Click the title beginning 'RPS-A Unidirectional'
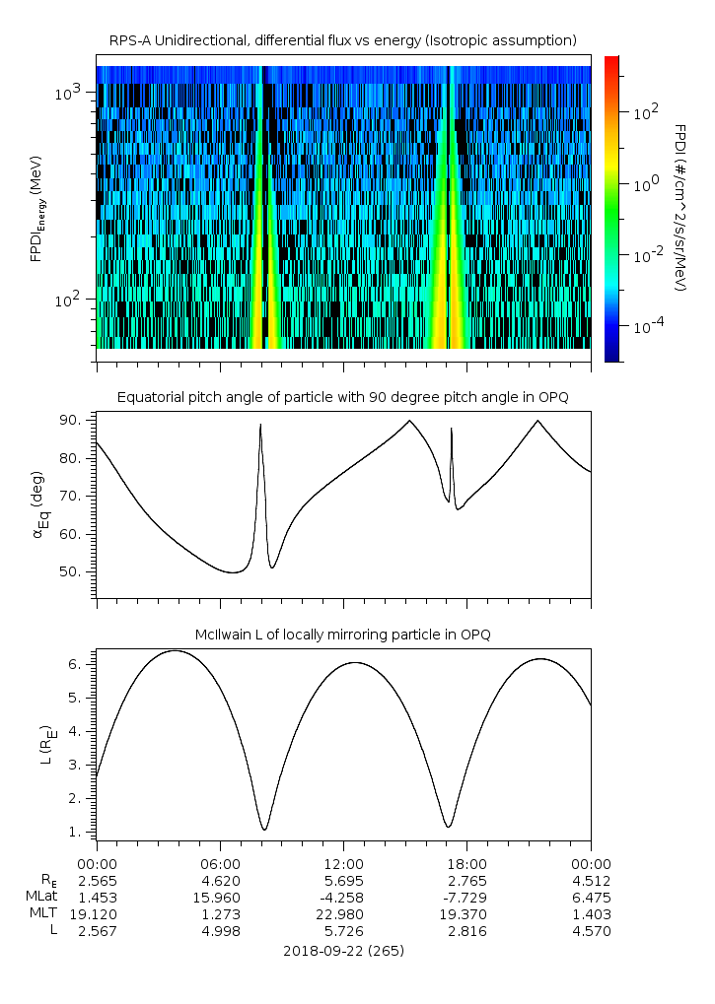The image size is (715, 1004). tap(342, 40)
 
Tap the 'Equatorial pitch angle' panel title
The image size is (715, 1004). tap(342, 397)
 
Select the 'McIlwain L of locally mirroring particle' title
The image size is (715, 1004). tap(342, 635)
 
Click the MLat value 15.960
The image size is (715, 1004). tap(219, 897)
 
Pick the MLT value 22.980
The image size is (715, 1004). tap(342, 914)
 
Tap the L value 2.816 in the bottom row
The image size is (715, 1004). tap(466, 931)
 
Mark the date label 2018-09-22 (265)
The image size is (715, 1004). tap(342, 952)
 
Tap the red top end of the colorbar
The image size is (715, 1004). tap(611, 61)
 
